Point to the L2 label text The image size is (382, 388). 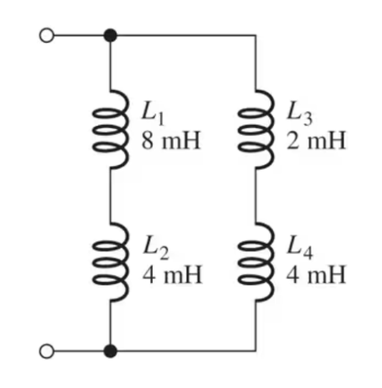pyautogui.click(x=155, y=251)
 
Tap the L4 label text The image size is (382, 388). pyautogui.click(x=300, y=251)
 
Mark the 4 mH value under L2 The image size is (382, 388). pyautogui.click(x=170, y=277)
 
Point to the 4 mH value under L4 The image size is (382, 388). pyautogui.click(x=316, y=277)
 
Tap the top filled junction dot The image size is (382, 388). pyautogui.click(x=111, y=35)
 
